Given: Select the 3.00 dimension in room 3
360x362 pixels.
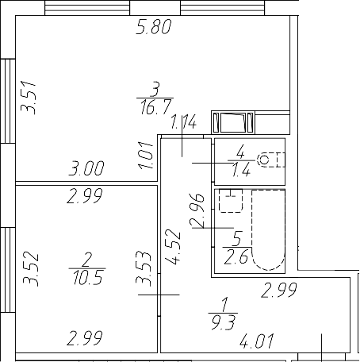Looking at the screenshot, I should pyautogui.click(x=87, y=168).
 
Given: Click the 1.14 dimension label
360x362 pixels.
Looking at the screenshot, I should pyautogui.click(x=183, y=122).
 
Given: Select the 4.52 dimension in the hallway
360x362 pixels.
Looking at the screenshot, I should pyautogui.click(x=174, y=245).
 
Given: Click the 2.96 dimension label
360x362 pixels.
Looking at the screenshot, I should pyautogui.click(x=199, y=210).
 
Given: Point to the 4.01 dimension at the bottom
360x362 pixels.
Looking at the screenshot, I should pyautogui.click(x=258, y=343).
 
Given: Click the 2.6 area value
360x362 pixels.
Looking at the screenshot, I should pyautogui.click(x=236, y=256).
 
